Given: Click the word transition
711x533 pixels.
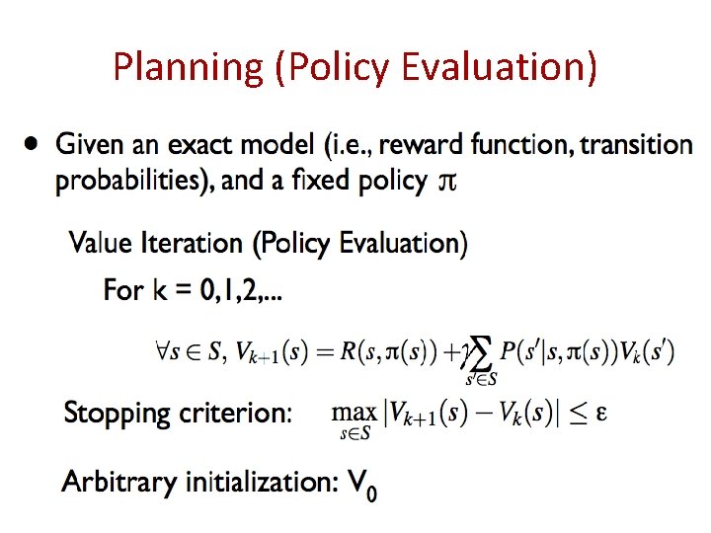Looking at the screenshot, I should coord(636,145).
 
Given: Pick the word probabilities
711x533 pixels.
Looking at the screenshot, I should coord(117,182).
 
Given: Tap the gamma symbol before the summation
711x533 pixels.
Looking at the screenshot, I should coord(460,351).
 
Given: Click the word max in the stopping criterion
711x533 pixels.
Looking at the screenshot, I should coord(354,412).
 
